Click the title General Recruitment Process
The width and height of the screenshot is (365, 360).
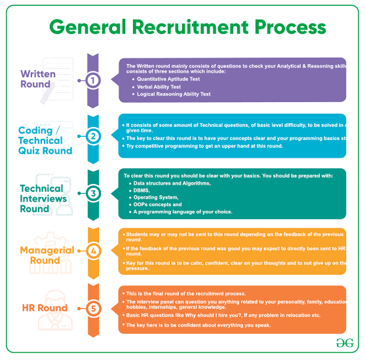pos(187,27)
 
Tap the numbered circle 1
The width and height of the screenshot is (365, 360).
pos(93,80)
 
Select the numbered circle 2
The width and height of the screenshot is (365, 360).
pos(93,136)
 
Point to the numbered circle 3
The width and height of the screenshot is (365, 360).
pos(93,194)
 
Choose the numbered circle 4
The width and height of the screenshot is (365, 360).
pos(93,251)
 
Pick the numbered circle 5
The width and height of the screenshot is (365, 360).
pos(93,308)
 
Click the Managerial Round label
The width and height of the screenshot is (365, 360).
pos(47,255)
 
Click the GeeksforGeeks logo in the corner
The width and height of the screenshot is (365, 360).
pos(344,343)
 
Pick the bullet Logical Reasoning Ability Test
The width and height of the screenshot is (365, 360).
pos(173,94)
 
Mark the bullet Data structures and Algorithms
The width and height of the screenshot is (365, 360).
pos(172,183)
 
